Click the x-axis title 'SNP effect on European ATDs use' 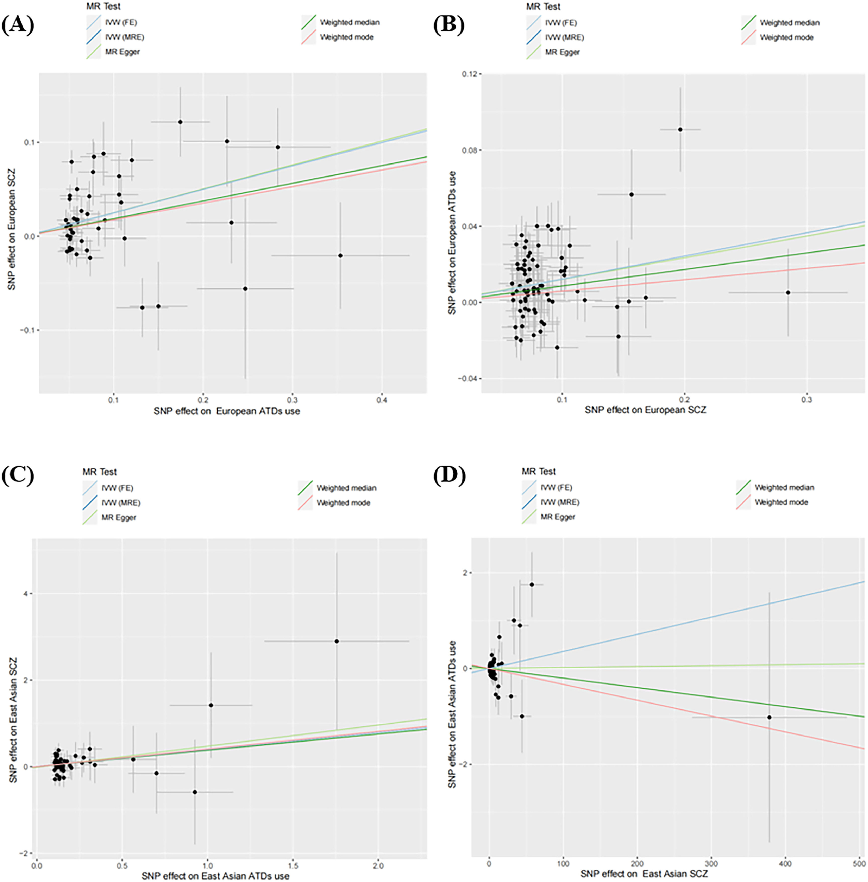pyautogui.click(x=227, y=411)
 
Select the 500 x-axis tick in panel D pyautogui.click(x=859, y=864)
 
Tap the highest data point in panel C pyautogui.click(x=336, y=641)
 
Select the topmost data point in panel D pyautogui.click(x=532, y=584)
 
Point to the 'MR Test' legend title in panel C pyautogui.click(x=99, y=472)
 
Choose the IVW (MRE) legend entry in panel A pyautogui.click(x=124, y=37)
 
